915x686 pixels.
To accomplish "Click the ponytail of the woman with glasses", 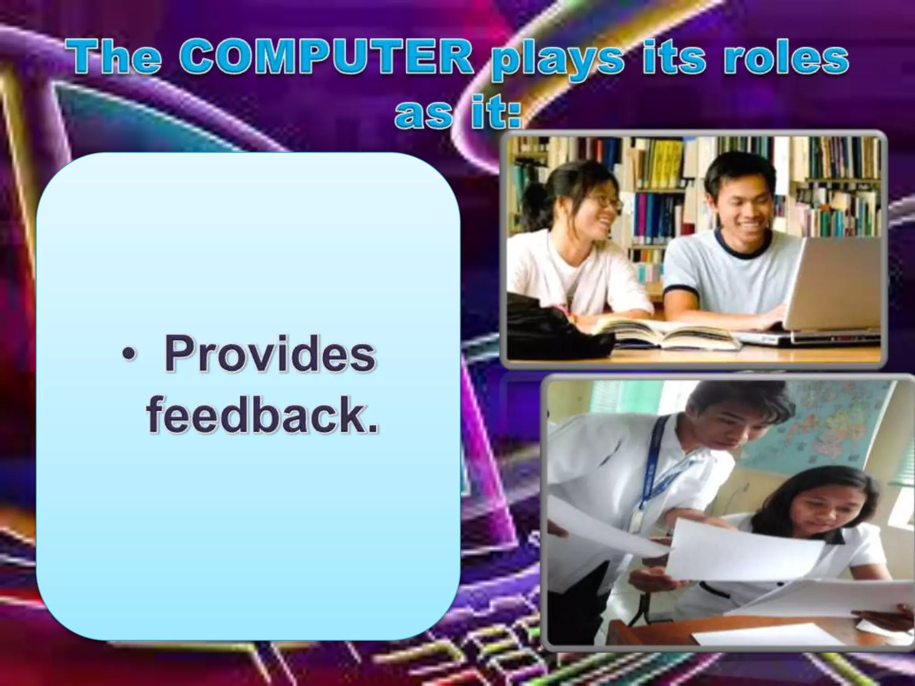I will click(538, 201).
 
